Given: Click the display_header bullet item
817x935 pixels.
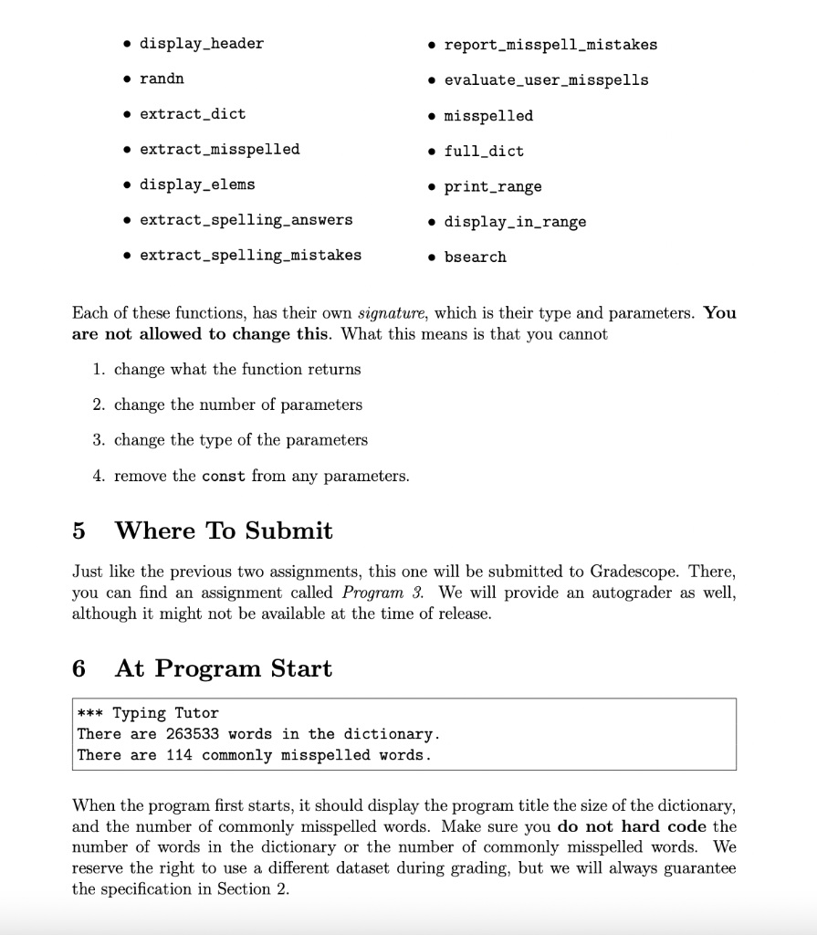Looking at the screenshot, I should [x=201, y=44].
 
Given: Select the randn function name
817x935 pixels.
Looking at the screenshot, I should [x=162, y=79].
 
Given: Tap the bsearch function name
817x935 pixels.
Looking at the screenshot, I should [x=475, y=257].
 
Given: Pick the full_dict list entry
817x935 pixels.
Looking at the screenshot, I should [x=484, y=151].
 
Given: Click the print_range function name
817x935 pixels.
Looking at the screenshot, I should [x=493, y=186].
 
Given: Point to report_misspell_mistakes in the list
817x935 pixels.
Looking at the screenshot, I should [x=550, y=44].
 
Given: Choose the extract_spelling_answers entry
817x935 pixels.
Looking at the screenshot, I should [x=246, y=220].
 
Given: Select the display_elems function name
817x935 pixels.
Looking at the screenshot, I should [x=197, y=184].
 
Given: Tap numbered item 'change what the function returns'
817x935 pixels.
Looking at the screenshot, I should [x=237, y=369].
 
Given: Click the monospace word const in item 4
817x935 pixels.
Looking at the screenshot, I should [x=223, y=476].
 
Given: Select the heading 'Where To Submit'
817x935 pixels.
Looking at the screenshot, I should [x=224, y=531].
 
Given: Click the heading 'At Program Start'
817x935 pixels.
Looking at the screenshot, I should [x=223, y=668].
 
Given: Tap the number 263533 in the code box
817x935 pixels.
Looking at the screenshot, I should [x=193, y=734].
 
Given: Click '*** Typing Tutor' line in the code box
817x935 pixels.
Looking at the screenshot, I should [x=148, y=713].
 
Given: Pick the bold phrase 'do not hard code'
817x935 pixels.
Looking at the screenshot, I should [x=631, y=826].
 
